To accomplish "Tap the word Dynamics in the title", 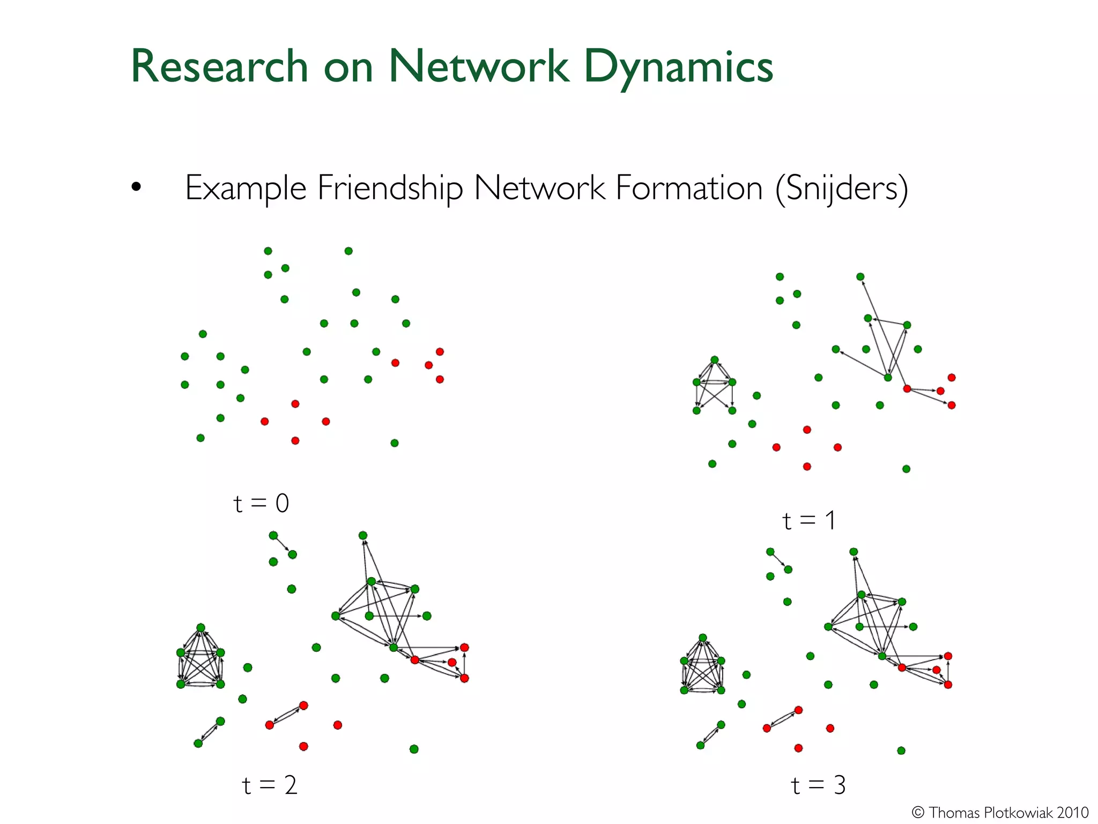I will pyautogui.click(x=678, y=67).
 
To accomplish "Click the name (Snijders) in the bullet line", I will pyautogui.click(x=841, y=188).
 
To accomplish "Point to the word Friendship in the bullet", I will pyautogui.click(x=390, y=188).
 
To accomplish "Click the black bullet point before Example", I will pyautogui.click(x=136, y=187).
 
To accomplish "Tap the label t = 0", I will pyautogui.click(x=261, y=503).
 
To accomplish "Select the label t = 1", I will pyautogui.click(x=808, y=520).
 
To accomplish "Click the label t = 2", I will pyautogui.click(x=269, y=785).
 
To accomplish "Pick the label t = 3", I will pyautogui.click(x=818, y=785).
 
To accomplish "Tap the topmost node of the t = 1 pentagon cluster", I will pyautogui.click(x=714, y=359).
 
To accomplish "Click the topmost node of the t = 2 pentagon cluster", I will pyautogui.click(x=201, y=627).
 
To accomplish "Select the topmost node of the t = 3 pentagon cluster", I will pyautogui.click(x=702, y=637).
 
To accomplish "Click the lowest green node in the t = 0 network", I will pyautogui.click(x=395, y=443).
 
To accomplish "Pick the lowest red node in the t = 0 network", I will pyautogui.click(x=295, y=440).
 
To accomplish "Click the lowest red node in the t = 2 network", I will pyautogui.click(x=303, y=746).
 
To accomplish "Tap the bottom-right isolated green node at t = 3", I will pyautogui.click(x=901, y=751).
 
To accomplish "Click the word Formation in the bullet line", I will pyautogui.click(x=688, y=188).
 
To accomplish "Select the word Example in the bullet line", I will pyautogui.click(x=246, y=188).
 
